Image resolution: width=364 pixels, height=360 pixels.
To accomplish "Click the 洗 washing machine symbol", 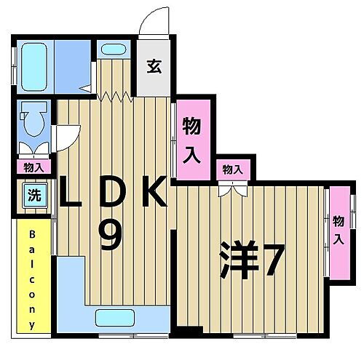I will coord(34,195).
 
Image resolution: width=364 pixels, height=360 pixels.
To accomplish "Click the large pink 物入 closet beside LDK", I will coord(192,140).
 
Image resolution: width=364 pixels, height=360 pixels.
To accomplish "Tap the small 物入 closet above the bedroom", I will coord(233,169).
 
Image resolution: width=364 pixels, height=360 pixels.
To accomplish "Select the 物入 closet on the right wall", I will coord(338,231).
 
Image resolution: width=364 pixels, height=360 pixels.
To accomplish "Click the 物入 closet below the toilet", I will coord(33,167).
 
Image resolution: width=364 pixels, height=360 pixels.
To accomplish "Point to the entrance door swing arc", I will coord(156,20).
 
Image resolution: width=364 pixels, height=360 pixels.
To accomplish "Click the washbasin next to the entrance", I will coord(113,50).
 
